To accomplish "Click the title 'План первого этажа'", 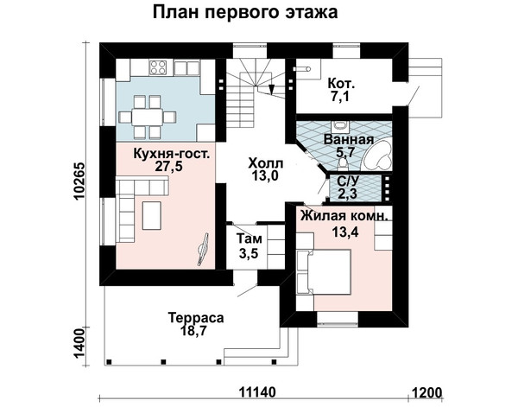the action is (245, 13).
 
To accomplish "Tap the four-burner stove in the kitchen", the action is (158, 67).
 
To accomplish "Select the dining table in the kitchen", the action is (147, 117).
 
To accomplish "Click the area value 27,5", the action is (169, 166).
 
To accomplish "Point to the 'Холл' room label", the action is (266, 163).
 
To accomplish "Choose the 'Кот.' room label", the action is (341, 83).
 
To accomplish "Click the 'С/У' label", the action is (347, 181).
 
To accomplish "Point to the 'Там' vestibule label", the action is (250, 238).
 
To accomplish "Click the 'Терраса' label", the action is (196, 318).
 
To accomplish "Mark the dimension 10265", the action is (79, 181).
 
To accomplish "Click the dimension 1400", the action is (79, 344).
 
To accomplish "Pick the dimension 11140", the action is (257, 393).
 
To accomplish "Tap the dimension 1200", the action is (426, 393).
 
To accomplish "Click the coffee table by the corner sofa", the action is (152, 215).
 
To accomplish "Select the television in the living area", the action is (203, 249).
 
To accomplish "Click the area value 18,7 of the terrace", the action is (193, 330).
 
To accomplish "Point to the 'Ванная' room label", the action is (349, 140).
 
